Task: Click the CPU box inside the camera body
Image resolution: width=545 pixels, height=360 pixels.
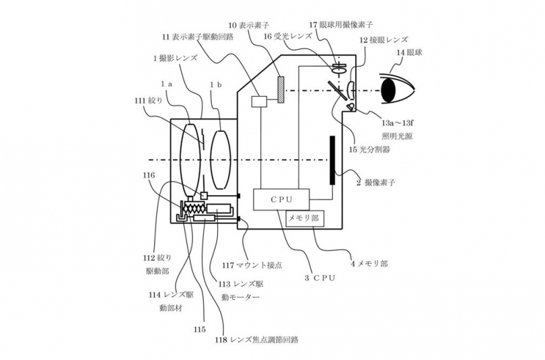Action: pyautogui.click(x=281, y=199)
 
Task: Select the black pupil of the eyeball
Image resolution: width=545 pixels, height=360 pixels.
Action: pyautogui.click(x=389, y=90)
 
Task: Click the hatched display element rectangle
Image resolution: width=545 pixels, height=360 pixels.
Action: pyautogui.click(x=281, y=89)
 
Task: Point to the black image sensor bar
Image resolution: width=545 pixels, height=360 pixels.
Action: pyautogui.click(x=332, y=160)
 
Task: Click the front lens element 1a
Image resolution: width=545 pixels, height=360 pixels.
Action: pyautogui.click(x=190, y=159)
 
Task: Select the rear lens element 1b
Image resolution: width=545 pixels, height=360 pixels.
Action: pyautogui.click(x=221, y=159)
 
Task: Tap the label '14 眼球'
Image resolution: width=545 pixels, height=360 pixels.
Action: pyautogui.click(x=409, y=52)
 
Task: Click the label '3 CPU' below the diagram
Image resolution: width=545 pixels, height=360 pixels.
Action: pyautogui.click(x=320, y=278)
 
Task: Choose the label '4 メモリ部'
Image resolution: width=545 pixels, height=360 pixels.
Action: pyautogui.click(x=369, y=264)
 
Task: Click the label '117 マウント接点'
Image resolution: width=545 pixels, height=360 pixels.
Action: pyautogui.click(x=252, y=265)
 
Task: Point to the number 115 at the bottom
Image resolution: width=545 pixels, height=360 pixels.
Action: pyautogui.click(x=200, y=330)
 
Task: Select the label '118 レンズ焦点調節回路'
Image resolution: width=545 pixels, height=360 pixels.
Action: pyautogui.click(x=257, y=340)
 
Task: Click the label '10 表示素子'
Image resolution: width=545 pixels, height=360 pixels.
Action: pyautogui.click(x=248, y=25)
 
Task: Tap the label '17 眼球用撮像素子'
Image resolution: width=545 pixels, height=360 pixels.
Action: pyautogui.click(x=341, y=25)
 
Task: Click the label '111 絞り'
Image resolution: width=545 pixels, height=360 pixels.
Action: pyautogui.click(x=149, y=101)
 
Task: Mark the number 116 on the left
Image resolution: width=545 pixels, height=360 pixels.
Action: pyautogui.click(x=149, y=176)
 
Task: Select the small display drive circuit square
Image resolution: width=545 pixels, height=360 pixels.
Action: pyautogui.click(x=258, y=102)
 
